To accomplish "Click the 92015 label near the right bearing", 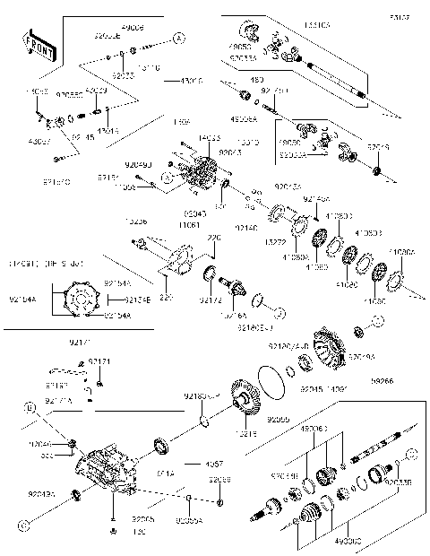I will click(380, 148).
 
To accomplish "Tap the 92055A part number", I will click(188, 520).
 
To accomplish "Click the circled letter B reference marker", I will click(30, 408).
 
